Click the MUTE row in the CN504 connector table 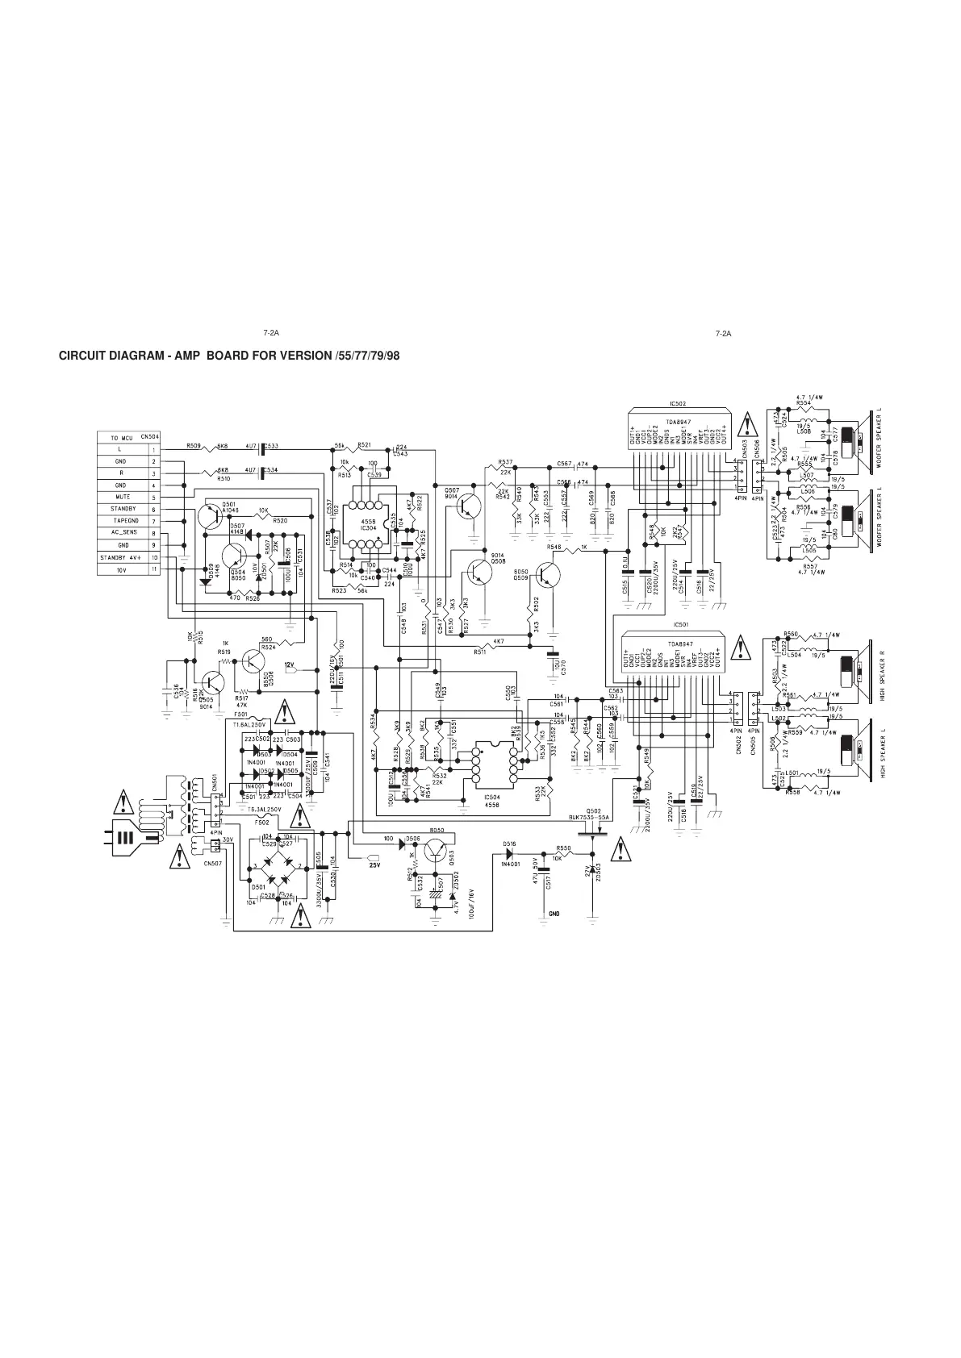[123, 498]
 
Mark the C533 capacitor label [272, 446]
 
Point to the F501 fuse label [240, 714]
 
